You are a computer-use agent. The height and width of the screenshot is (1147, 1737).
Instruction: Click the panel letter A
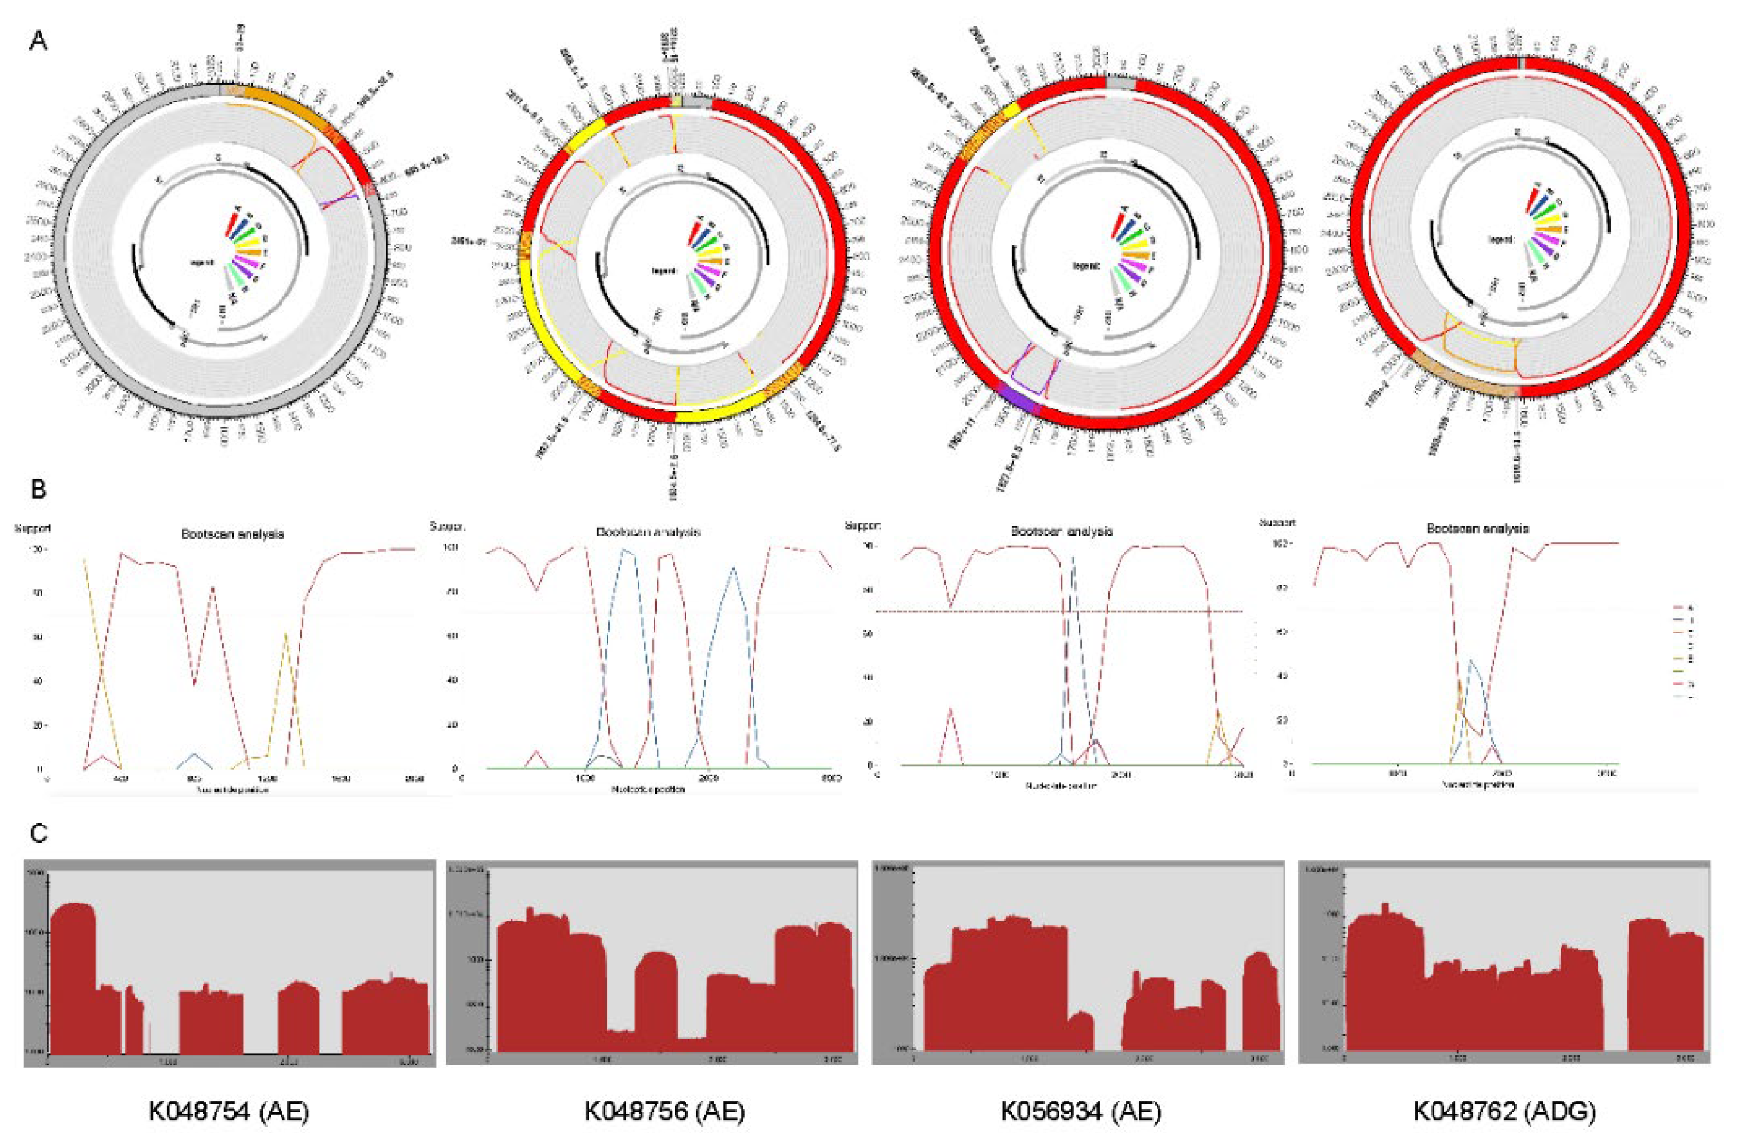click(38, 41)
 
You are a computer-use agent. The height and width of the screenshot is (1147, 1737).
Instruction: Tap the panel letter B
click(38, 489)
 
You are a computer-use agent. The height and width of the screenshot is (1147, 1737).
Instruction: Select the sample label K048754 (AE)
click(229, 1111)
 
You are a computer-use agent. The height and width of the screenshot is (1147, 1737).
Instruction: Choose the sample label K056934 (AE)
click(1081, 1111)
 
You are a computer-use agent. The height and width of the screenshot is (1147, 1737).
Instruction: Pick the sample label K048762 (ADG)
click(1503, 1111)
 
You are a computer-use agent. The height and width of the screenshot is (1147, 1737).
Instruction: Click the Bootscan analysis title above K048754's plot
click(232, 534)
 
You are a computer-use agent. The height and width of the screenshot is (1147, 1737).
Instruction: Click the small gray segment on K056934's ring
click(1120, 84)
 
